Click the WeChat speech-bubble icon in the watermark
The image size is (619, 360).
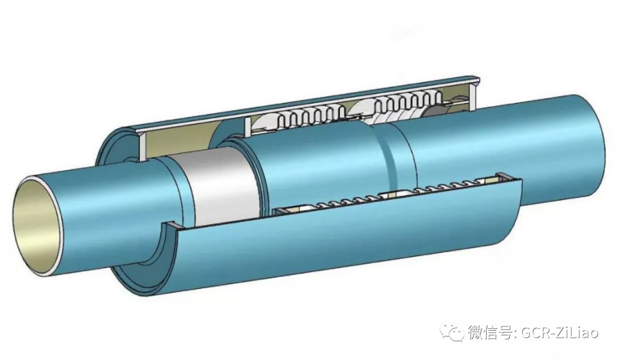(452, 333)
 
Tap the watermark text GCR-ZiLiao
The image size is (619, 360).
(561, 332)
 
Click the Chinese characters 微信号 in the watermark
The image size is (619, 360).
(490, 332)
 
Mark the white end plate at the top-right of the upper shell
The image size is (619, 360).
(476, 93)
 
